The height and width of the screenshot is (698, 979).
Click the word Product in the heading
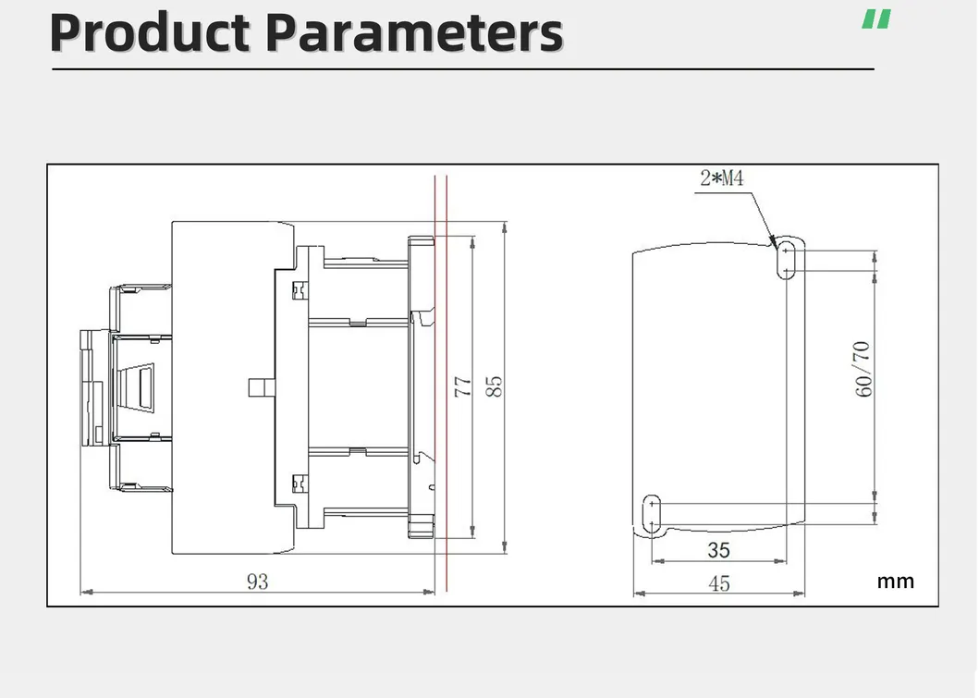(150, 32)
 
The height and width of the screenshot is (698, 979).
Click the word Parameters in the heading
(414, 32)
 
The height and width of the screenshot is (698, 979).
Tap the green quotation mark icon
(876, 18)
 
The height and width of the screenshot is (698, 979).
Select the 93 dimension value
(257, 582)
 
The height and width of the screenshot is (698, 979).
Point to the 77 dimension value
(462, 387)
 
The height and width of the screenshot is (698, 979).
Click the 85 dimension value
(494, 387)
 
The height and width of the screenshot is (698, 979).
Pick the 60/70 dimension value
(863, 369)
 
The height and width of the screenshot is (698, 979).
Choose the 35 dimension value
(718, 550)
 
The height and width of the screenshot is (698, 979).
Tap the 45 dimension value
(718, 583)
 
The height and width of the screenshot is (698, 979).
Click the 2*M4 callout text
(722, 178)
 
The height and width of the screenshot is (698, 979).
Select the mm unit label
(895, 582)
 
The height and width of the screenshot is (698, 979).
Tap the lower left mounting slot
(651, 514)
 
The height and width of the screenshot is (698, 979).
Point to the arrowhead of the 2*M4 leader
(774, 243)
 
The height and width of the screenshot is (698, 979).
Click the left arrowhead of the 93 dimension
(86, 592)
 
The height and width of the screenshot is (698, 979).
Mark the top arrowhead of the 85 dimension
(505, 227)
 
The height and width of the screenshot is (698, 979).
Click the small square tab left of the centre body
(262, 387)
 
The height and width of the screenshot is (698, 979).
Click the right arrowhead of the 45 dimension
(799, 594)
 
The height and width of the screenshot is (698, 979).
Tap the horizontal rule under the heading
(462, 69)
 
